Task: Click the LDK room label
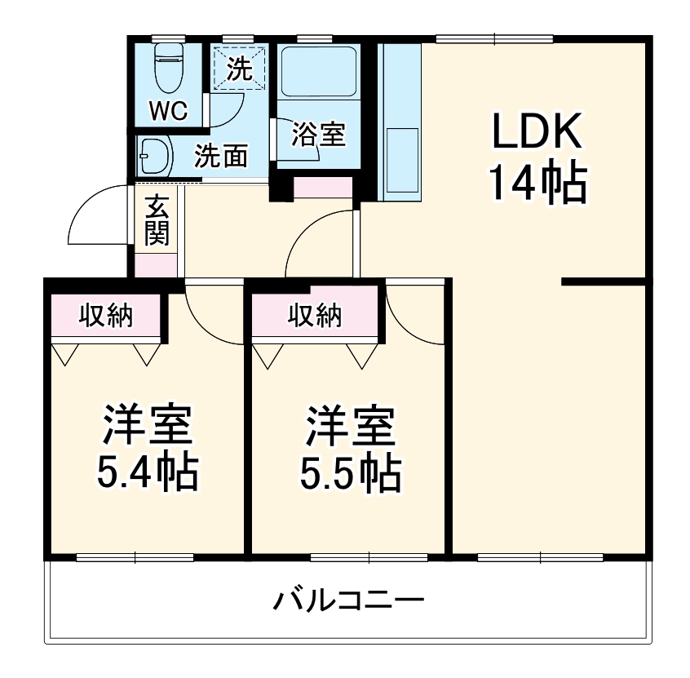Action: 537,131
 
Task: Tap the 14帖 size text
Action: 537,183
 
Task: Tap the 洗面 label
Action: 220,155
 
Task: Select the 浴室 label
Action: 318,135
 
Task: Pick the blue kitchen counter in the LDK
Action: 400,122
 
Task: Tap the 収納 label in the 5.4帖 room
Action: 106,315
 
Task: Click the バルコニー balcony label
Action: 348,602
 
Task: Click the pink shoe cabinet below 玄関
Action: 155,264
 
